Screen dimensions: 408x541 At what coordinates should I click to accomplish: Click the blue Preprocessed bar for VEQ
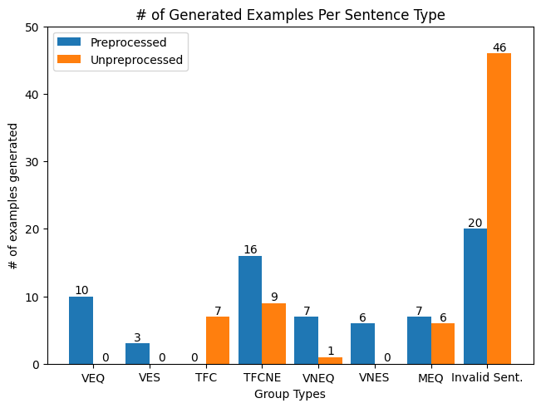pyautogui.click(x=81, y=330)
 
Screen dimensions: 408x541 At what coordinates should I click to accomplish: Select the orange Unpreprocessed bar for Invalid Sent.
pyautogui.click(x=499, y=209)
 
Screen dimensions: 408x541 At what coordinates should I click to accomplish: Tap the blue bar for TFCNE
pyautogui.click(x=250, y=310)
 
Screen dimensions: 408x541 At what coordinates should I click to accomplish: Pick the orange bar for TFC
pyautogui.click(x=218, y=340)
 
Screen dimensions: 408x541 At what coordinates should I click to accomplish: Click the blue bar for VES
pyautogui.click(x=137, y=353)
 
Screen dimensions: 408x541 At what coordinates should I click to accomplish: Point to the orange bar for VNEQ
pyautogui.click(x=330, y=361)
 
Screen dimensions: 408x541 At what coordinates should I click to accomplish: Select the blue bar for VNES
pyautogui.click(x=362, y=343)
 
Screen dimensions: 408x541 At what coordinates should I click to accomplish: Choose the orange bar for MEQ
pyautogui.click(x=443, y=343)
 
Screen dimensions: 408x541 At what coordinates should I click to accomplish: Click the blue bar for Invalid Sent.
pyautogui.click(x=475, y=296)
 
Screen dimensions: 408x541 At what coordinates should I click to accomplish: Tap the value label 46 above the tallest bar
pyautogui.click(x=499, y=47)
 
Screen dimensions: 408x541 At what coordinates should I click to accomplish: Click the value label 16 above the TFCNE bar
pyautogui.click(x=250, y=250)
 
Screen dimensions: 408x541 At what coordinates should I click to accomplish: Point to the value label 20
pyautogui.click(x=475, y=223)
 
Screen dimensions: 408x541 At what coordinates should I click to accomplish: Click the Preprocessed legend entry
pyautogui.click(x=128, y=42)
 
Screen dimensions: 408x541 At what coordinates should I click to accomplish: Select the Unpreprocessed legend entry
pyautogui.click(x=136, y=60)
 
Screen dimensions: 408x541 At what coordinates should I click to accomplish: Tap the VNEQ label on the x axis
pyautogui.click(x=318, y=379)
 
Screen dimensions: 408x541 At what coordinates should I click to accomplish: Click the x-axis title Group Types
pyautogui.click(x=290, y=394)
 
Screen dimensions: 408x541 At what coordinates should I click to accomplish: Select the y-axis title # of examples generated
pyautogui.click(x=13, y=196)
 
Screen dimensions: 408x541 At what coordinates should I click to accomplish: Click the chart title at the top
pyautogui.click(x=290, y=14)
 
